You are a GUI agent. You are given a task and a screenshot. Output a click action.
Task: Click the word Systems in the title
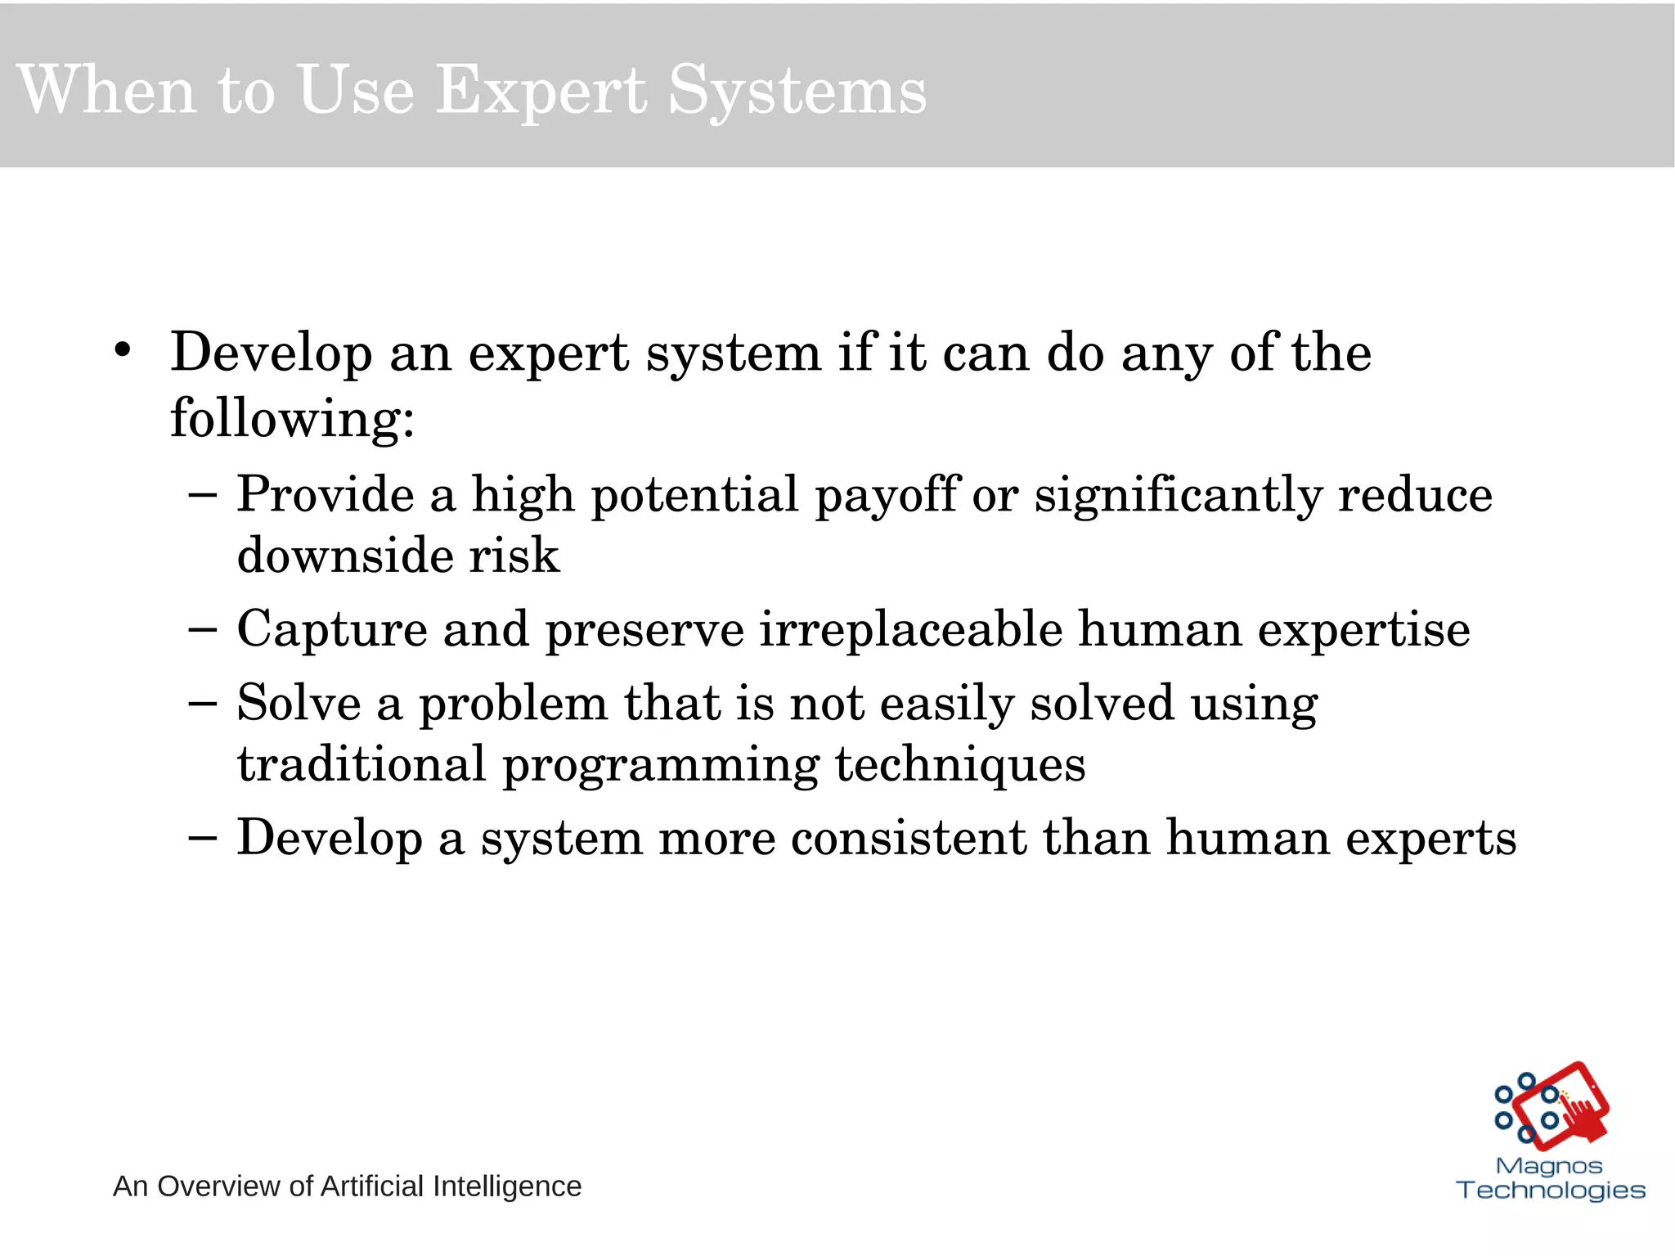797,92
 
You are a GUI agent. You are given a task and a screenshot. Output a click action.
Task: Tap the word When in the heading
106,90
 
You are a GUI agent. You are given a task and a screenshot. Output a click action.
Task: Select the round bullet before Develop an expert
123,351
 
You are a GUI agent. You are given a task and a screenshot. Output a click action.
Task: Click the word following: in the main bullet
292,419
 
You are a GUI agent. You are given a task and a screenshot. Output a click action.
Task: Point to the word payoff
887,496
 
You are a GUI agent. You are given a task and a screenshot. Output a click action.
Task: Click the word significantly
1178,496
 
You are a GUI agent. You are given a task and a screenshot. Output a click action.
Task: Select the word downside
344,556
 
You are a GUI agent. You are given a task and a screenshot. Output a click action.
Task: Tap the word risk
514,556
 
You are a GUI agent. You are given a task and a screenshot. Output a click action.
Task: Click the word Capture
331,630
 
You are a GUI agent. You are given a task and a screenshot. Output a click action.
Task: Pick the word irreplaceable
910,630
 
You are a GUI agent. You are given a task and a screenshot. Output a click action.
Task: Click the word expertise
1363,630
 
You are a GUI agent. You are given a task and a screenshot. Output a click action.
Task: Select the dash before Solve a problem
202,703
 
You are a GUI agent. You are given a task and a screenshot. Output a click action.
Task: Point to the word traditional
361,764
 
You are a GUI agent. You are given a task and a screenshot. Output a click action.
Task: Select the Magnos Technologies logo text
1550,1178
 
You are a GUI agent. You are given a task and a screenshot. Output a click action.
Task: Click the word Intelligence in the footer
506,1186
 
